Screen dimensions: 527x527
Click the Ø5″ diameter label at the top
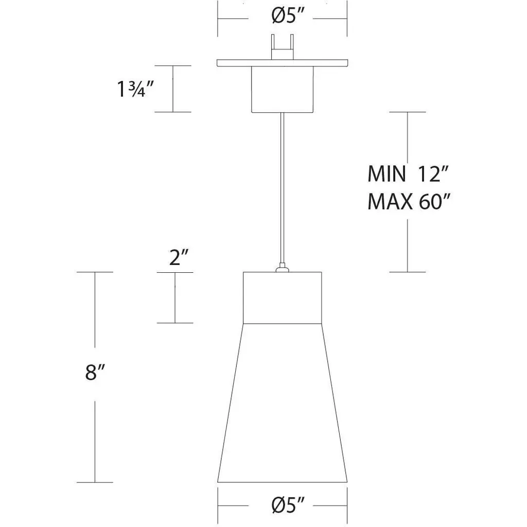[288, 16]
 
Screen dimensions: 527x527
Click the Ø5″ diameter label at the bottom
[288, 505]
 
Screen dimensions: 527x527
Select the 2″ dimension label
[179, 257]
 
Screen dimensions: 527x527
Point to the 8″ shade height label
[95, 372]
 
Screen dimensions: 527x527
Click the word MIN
[387, 174]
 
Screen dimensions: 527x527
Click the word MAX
[390, 202]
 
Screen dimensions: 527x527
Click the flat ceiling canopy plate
[283, 63]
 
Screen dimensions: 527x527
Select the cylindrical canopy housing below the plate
[283, 89]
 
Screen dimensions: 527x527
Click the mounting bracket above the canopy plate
[283, 47]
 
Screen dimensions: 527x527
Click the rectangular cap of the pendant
[283, 298]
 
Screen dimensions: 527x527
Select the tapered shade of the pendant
[283, 403]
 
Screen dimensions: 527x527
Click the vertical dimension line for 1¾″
[173, 89]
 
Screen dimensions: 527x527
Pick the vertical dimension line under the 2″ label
[175, 297]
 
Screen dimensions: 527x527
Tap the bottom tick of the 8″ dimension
[95, 482]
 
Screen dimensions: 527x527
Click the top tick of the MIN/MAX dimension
[408, 112]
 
